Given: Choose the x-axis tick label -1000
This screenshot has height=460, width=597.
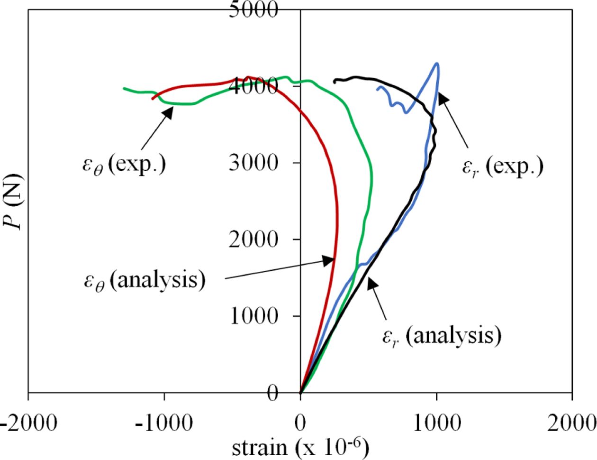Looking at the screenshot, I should point(164,423).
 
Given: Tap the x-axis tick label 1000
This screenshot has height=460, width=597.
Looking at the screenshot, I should point(436,423).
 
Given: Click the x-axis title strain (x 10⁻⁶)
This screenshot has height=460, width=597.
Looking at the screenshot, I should point(300,447).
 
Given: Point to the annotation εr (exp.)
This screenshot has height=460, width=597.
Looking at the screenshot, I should point(503,167).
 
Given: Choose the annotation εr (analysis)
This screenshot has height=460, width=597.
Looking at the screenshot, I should point(441,336).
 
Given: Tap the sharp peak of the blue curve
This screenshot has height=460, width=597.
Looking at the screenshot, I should point(436,63).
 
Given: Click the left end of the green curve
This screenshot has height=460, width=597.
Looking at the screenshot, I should point(124,88).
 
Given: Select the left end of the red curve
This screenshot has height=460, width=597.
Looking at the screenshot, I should point(152,99).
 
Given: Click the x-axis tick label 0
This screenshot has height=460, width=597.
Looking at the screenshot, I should point(300,423).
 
